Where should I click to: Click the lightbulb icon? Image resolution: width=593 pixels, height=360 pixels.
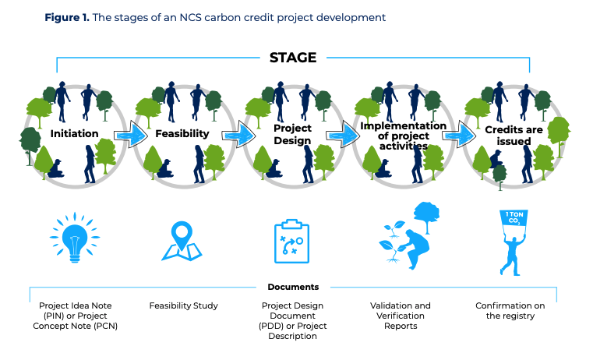[x=75, y=238]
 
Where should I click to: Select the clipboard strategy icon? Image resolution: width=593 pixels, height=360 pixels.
[x=291, y=242]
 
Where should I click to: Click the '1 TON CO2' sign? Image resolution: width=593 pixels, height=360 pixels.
[x=514, y=218]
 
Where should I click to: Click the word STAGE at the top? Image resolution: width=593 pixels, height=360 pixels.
[x=293, y=58]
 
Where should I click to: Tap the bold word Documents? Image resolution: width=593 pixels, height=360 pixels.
[x=293, y=287]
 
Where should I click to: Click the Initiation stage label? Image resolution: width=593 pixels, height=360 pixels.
[x=74, y=133]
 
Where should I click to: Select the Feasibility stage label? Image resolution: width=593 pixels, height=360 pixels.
[x=182, y=133]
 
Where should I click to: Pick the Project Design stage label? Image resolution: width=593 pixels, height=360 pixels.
[x=292, y=134]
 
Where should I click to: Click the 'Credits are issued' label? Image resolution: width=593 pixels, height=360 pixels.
[x=514, y=136]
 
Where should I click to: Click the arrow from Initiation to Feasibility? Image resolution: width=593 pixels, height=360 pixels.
[x=130, y=135]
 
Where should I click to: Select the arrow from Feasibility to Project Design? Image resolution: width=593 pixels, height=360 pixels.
[x=239, y=135]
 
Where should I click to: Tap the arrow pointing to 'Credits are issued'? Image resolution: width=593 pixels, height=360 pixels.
[x=459, y=135]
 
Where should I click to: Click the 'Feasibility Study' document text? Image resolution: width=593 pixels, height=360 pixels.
[x=183, y=305]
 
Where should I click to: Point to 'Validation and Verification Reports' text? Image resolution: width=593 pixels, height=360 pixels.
[x=401, y=316]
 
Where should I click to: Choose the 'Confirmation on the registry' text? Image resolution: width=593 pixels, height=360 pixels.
[x=510, y=311]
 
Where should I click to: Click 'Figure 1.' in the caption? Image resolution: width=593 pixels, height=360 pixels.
[x=67, y=17]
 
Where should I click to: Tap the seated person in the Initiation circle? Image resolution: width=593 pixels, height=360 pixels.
[x=56, y=168]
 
